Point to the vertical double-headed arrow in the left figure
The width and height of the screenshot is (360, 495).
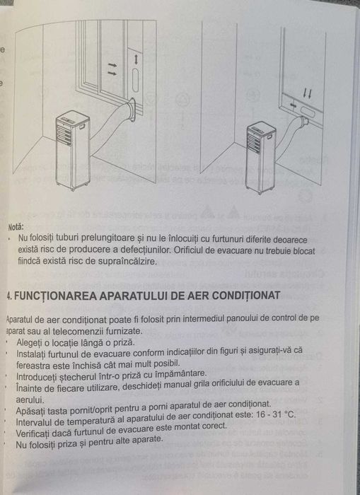135,59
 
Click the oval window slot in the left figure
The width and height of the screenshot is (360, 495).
135,83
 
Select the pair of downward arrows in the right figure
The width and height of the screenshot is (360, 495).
307,93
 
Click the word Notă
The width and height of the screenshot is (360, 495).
16,228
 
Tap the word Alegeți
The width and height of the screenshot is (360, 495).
30,342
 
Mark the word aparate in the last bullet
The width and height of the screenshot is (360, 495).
145,438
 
